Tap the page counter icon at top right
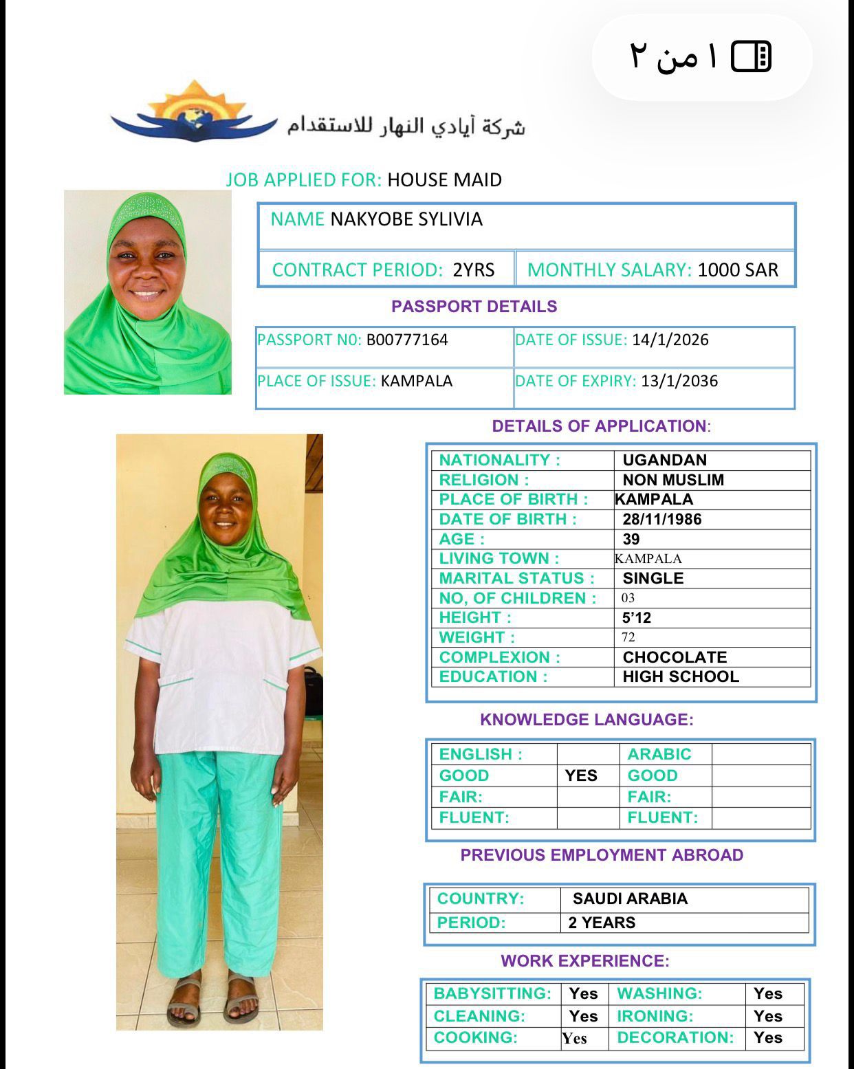point(751,56)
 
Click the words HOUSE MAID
point(444,180)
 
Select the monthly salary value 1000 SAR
point(738,270)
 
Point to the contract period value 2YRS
point(473,270)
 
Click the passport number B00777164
point(407,340)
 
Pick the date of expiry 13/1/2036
point(679,381)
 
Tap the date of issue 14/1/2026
point(670,340)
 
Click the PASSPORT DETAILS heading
point(474,307)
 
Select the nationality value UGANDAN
point(664,460)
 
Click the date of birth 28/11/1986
point(661,519)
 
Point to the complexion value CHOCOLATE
point(675,657)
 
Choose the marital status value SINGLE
point(653,578)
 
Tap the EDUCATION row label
point(493,676)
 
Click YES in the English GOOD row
point(581,775)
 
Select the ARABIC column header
point(659,754)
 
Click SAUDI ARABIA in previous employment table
point(630,899)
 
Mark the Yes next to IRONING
point(767,1016)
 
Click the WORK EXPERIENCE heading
point(584,961)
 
